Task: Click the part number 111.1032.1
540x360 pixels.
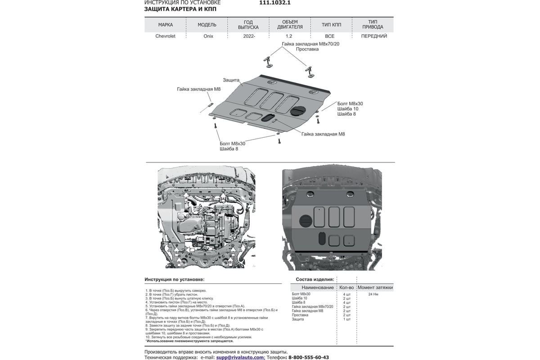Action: pyautogui.click(x=275, y=3)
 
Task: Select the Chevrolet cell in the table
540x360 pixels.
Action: pyautogui.click(x=165, y=36)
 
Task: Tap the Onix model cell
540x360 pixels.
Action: pyautogui.click(x=207, y=36)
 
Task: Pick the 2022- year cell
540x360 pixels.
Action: pyautogui.click(x=248, y=36)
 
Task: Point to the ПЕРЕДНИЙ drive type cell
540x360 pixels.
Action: pyautogui.click(x=374, y=36)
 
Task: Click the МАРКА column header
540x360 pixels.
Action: pyautogui.click(x=165, y=24)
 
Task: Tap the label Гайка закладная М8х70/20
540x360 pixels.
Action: pyautogui.click(x=304, y=44)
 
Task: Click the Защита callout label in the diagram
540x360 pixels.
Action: pyautogui.click(x=231, y=80)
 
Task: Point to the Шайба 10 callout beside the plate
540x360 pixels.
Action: pyautogui.click(x=347, y=109)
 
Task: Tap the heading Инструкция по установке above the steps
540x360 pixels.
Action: pyautogui.click(x=174, y=279)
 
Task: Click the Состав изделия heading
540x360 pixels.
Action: pyautogui.click(x=315, y=279)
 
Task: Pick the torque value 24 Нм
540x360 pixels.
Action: pyautogui.click(x=373, y=294)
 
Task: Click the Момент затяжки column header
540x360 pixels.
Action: pyautogui.click(x=375, y=287)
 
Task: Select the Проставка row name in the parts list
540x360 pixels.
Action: pyautogui.click(x=300, y=315)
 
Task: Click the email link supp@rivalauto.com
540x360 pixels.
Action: pyautogui.click(x=240, y=357)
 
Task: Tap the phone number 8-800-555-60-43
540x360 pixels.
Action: pyautogui.click(x=308, y=357)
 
